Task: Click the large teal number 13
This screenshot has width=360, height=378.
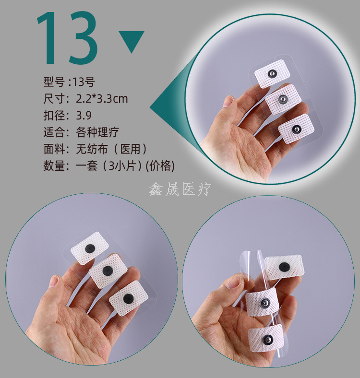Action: coord(67,38)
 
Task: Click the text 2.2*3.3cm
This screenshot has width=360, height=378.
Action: coord(102,99)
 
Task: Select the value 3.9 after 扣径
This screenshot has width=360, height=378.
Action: coord(84,116)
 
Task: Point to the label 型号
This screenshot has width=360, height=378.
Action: coord(54,82)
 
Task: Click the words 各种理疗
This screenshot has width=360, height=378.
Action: coord(97,132)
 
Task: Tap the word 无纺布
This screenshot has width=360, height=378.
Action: coord(92,149)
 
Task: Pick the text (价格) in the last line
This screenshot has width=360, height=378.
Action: coord(160,166)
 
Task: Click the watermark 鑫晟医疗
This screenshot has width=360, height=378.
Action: coord(180,189)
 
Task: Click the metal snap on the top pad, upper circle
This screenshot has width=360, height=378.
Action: coord(272,73)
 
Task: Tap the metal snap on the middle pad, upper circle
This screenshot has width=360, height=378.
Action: coord(283,99)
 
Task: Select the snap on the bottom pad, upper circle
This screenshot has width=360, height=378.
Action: coord(296,130)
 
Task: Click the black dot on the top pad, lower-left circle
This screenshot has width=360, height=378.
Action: coord(90,248)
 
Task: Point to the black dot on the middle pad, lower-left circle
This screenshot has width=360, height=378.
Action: coord(108,271)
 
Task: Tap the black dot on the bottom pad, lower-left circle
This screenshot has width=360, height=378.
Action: coord(128,299)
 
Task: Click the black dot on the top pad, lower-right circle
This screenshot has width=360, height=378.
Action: coord(284,267)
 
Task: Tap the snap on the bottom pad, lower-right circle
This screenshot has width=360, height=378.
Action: coord(267,340)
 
